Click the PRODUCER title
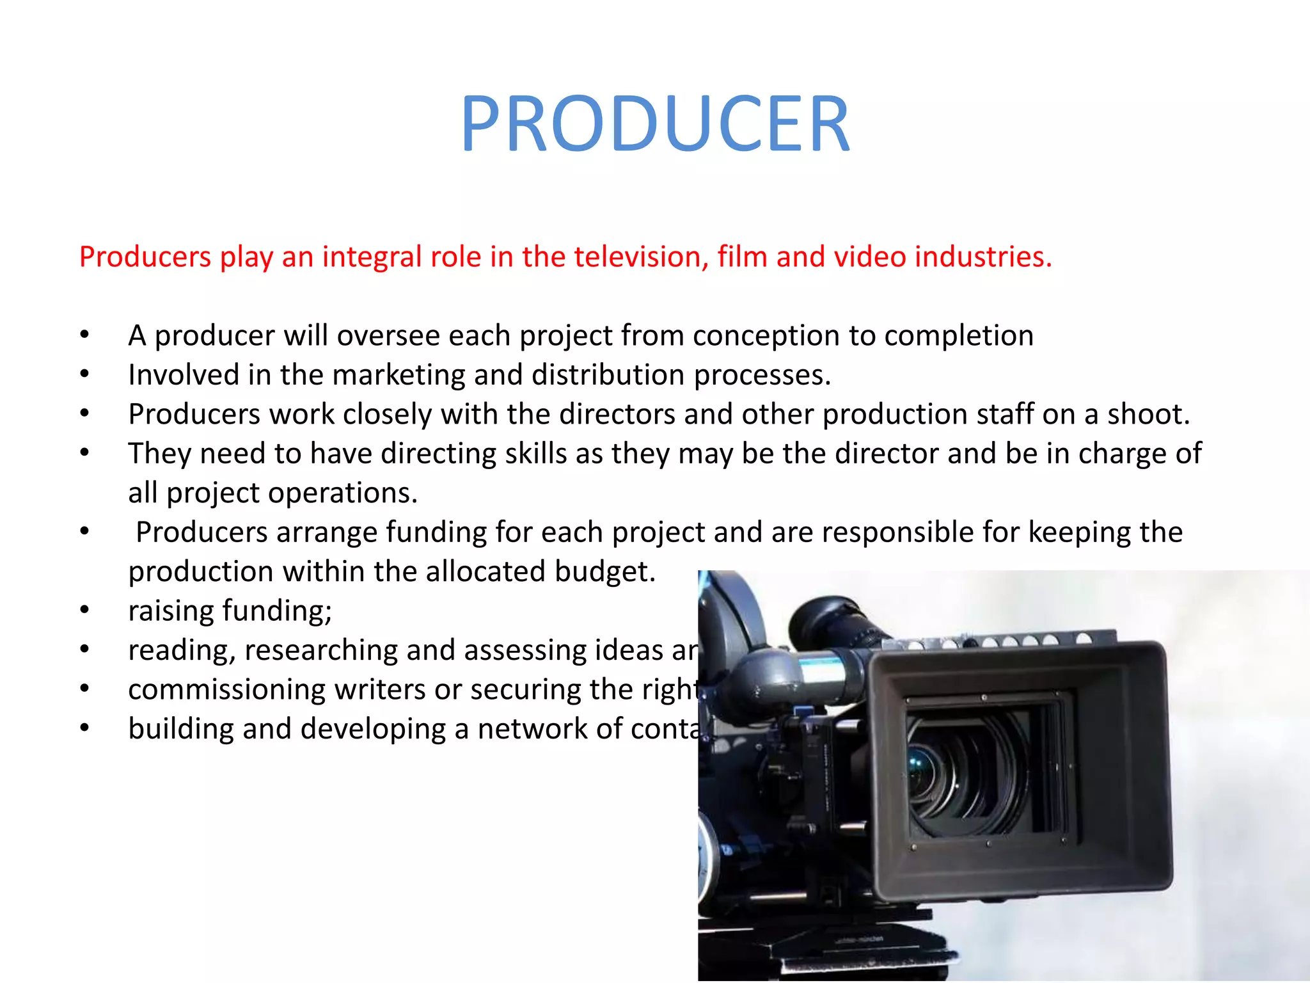tap(655, 124)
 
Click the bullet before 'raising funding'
tap(84, 611)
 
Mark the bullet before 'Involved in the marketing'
tap(84, 376)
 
